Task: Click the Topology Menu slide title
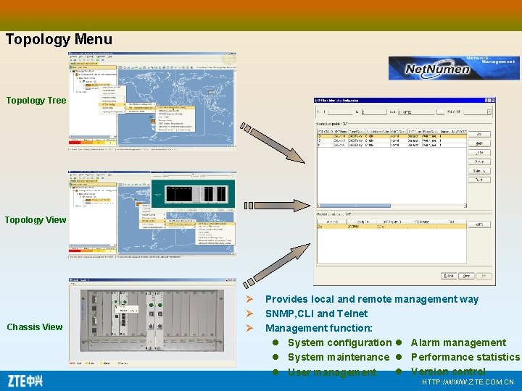point(59,39)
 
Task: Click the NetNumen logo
point(453,67)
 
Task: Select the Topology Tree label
point(36,101)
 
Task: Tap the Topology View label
point(36,219)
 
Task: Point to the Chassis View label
point(35,327)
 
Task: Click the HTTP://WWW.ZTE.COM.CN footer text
point(467,382)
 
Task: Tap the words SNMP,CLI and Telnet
point(316,314)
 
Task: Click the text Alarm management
point(458,342)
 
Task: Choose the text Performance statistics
point(465,357)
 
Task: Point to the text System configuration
point(339,342)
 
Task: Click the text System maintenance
point(338,357)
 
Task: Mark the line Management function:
point(319,328)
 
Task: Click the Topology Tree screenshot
point(152,101)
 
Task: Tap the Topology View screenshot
point(152,214)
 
